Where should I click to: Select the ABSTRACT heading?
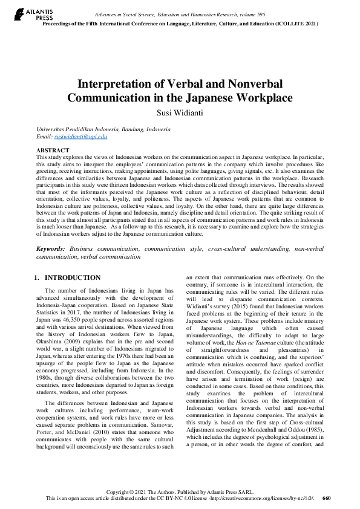click(x=53, y=149)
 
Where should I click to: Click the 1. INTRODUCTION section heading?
click(x=67, y=277)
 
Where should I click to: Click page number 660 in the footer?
click(x=327, y=499)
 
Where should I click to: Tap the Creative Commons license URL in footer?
click(x=265, y=499)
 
